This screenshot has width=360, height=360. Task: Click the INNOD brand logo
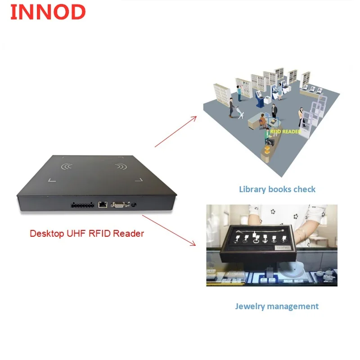(x=47, y=12)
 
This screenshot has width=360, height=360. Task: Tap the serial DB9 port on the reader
(x=118, y=205)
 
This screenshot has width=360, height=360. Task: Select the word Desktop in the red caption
(x=47, y=234)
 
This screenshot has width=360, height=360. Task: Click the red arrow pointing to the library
(x=175, y=131)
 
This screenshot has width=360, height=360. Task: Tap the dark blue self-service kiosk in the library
(x=261, y=98)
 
